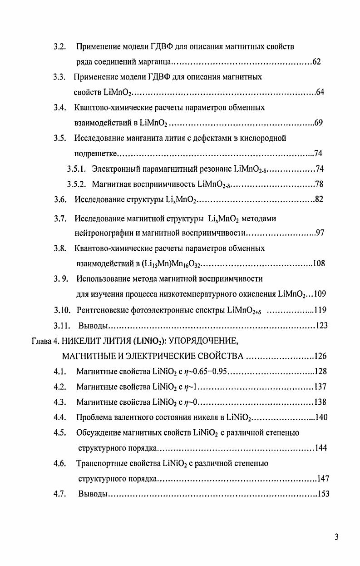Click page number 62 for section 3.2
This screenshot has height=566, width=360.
[317, 62]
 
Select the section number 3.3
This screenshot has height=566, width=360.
[59, 77]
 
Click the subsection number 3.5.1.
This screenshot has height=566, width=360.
[76, 169]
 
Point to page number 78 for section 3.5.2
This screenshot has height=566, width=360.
[319, 184]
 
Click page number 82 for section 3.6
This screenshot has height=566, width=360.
[319, 199]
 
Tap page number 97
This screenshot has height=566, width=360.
[320, 233]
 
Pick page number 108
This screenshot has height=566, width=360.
[319, 263]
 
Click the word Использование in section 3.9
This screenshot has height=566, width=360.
[100, 278]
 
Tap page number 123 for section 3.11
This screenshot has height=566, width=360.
[321, 326]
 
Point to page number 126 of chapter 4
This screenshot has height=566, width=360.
[321, 356]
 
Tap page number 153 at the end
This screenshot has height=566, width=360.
[323, 495]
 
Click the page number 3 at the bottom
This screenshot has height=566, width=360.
[336, 538]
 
